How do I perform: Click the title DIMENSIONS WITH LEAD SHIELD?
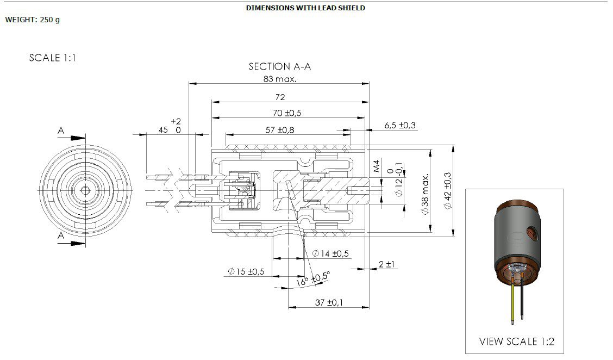tap(305, 8)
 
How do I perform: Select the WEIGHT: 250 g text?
tap(33, 20)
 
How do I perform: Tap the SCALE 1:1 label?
tap(52, 58)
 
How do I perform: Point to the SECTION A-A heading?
tap(279, 66)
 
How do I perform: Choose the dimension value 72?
tap(280, 97)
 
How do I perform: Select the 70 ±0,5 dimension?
tap(287, 113)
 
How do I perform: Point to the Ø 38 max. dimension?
tap(426, 194)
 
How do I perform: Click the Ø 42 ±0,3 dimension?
tap(448, 191)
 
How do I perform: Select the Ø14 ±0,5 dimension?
tap(331, 253)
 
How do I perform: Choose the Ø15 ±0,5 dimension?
tap(246, 271)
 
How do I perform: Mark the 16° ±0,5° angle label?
tap(313, 279)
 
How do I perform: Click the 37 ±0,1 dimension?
tap(329, 302)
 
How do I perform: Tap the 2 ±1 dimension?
tap(386, 264)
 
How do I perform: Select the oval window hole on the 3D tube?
tap(535, 234)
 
